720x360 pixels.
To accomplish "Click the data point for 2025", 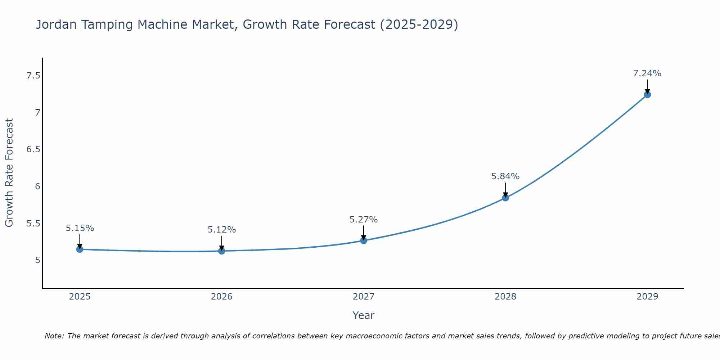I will (80, 249).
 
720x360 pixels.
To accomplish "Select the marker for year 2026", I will (222, 251).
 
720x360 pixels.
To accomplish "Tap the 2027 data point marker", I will (364, 240).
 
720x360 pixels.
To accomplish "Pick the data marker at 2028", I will (505, 198).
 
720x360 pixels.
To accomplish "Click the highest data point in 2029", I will (647, 95).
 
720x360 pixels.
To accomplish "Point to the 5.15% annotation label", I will (80, 228).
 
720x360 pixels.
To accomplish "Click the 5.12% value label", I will (222, 230).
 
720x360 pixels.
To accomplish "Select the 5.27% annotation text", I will (364, 220).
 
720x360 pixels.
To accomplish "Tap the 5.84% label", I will (505, 176).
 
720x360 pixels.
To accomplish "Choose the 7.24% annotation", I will (647, 73).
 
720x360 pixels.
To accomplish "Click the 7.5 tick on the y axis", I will (33, 76).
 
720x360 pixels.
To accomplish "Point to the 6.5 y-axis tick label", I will (33, 149).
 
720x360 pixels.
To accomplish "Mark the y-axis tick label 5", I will (37, 260).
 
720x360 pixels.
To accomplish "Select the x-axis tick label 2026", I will (222, 297).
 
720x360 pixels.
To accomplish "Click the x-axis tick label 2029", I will (647, 297).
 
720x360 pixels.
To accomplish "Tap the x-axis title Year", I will (364, 315).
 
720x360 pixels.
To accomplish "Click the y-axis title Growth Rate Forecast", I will (9, 173).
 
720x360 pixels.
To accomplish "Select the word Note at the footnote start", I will (54, 336).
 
